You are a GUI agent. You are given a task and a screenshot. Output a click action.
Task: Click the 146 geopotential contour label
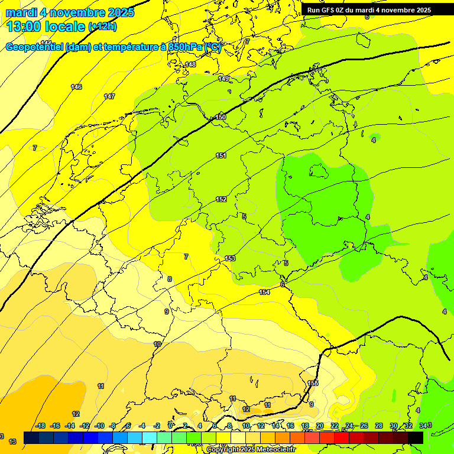coord(76,87)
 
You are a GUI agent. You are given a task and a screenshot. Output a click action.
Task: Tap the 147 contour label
coord(109,96)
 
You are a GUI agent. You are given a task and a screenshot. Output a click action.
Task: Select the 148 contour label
coord(190,65)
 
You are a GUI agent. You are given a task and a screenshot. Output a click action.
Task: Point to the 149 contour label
coord(223,79)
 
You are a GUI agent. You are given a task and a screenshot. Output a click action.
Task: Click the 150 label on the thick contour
coord(220,118)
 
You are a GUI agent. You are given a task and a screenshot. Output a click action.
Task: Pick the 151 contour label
coord(221,156)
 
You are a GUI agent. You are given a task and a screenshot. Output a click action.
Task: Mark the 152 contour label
coord(221,200)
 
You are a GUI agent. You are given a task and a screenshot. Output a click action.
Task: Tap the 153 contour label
coord(230,259)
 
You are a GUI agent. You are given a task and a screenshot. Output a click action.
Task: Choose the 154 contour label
coord(264,293)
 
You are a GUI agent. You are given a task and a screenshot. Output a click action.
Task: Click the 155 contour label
coord(313,384)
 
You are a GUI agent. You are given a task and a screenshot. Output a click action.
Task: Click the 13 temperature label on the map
coord(12,442)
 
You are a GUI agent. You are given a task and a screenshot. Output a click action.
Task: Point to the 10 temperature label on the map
coord(157,344)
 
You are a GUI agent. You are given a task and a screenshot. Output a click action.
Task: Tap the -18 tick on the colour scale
coord(40,426)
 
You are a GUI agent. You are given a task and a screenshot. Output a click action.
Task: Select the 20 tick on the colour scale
coord(320,426)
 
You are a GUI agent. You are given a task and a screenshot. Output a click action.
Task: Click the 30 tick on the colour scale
coord(393,426)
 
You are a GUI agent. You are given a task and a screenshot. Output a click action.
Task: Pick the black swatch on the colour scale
coord(416,437)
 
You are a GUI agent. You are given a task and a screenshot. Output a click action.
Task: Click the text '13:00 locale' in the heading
coord(46,27)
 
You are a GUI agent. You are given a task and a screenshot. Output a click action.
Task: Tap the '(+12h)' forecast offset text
coord(102,27)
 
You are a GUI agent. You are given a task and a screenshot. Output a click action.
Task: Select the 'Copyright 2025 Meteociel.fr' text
coord(251,450)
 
